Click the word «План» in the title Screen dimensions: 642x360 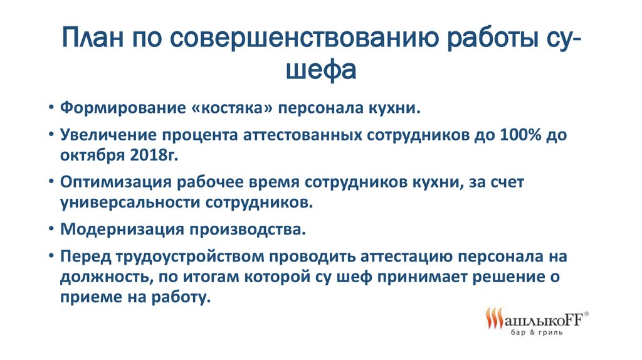[93, 38]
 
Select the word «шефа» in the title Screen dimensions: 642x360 [320, 70]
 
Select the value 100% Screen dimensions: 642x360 [520, 135]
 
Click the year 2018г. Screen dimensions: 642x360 [154, 155]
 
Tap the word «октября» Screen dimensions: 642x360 [93, 156]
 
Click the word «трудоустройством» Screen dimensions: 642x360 [191, 257]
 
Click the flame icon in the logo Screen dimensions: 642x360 [494, 318]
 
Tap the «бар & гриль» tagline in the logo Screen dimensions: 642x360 [537, 332]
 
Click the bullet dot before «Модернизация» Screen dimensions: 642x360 [51, 230]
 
